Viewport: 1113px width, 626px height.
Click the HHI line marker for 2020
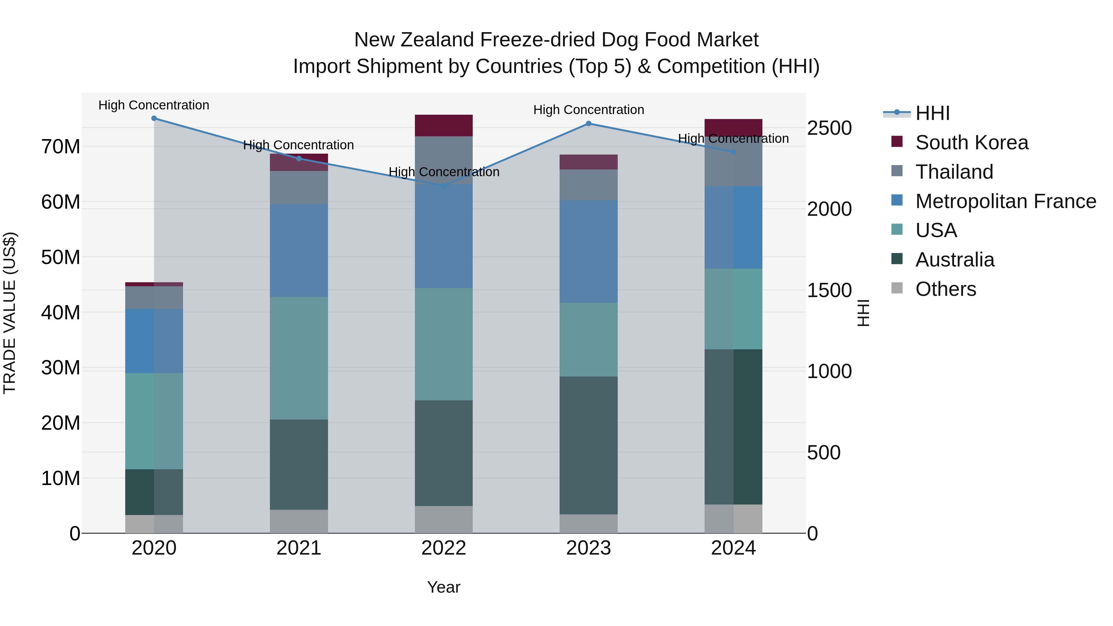click(154, 118)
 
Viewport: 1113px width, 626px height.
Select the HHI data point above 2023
click(588, 124)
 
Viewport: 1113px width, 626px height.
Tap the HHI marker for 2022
click(443, 186)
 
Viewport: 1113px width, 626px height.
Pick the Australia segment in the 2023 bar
click(588, 445)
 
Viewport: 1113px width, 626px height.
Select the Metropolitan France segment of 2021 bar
click(299, 251)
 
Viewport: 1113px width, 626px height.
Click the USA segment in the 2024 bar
click(733, 309)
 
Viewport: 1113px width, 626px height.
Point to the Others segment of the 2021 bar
click(299, 522)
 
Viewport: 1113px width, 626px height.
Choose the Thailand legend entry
click(954, 172)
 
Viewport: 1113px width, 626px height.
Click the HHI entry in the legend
click(932, 113)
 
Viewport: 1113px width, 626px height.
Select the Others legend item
click(945, 289)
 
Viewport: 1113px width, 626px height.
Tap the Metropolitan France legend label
click(1005, 201)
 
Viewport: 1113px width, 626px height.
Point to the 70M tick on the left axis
click(61, 147)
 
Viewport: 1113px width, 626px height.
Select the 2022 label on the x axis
click(444, 548)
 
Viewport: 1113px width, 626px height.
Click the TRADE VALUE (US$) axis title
click(10, 313)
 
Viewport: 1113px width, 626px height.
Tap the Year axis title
click(444, 587)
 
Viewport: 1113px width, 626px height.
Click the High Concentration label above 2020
click(154, 105)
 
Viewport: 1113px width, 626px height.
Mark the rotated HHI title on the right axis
click(863, 313)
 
